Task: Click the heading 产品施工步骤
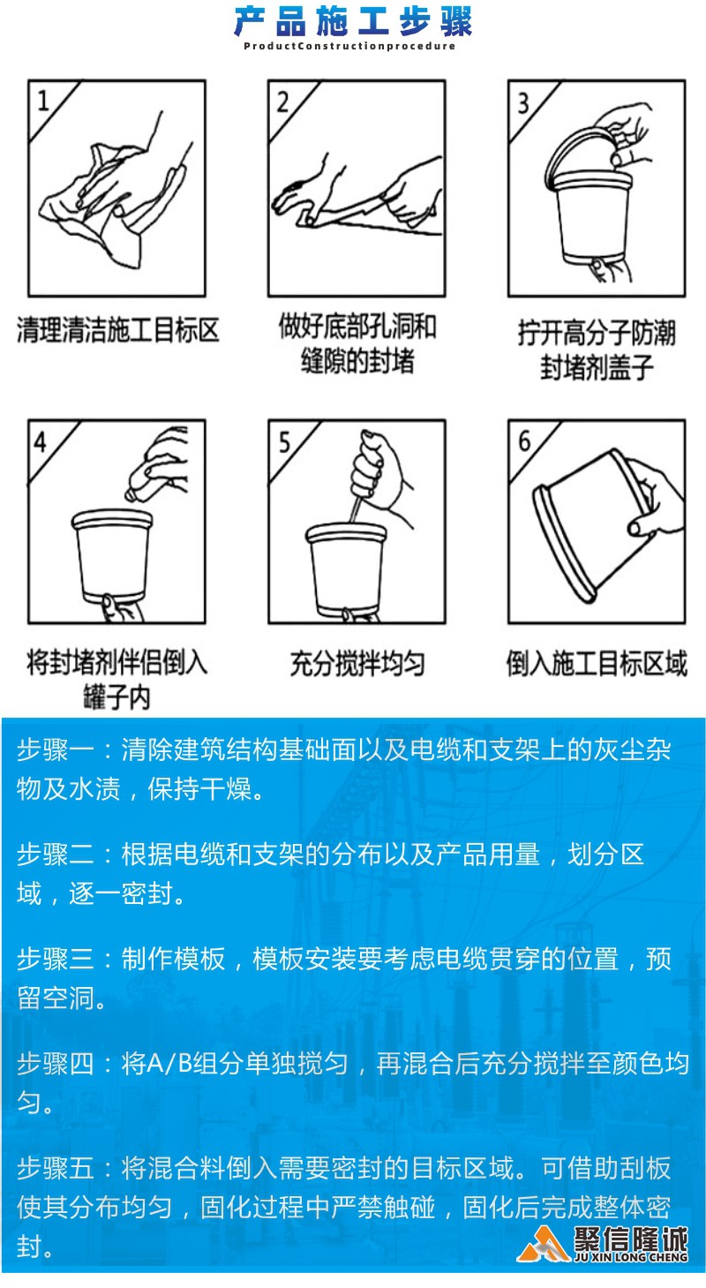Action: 353,22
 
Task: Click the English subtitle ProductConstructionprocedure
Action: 349,46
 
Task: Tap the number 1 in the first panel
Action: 43,101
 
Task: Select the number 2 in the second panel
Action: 282,102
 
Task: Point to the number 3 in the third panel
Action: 522,103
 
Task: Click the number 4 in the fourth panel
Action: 41,442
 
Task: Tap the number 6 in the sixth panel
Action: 524,441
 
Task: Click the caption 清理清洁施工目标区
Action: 118,330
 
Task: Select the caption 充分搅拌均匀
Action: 357,664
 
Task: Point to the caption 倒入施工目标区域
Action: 597,663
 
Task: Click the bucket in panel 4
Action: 112,555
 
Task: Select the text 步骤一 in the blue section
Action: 56,750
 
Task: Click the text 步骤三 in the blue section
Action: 56,959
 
